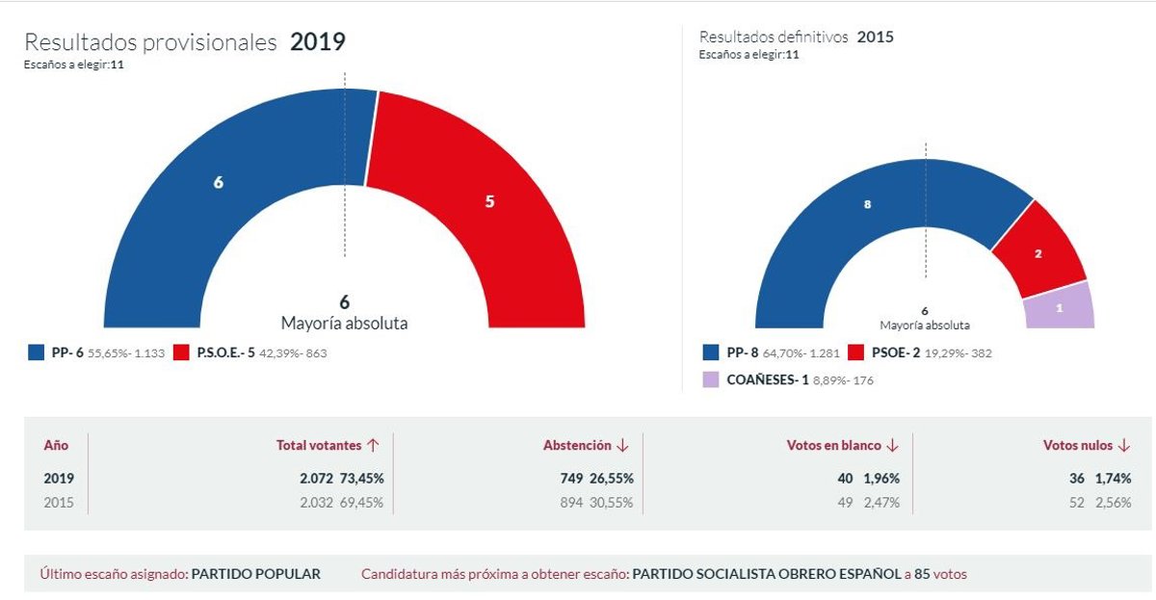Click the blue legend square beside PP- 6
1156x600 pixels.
(36, 353)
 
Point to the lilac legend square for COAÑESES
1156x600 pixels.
(710, 379)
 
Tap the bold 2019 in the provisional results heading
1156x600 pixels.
(317, 42)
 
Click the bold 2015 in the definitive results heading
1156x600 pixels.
(875, 38)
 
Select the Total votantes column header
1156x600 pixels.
(319, 446)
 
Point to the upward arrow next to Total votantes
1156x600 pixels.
(373, 446)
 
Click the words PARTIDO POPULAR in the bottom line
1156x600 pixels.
(256, 574)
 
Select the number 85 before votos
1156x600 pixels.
(922, 574)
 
